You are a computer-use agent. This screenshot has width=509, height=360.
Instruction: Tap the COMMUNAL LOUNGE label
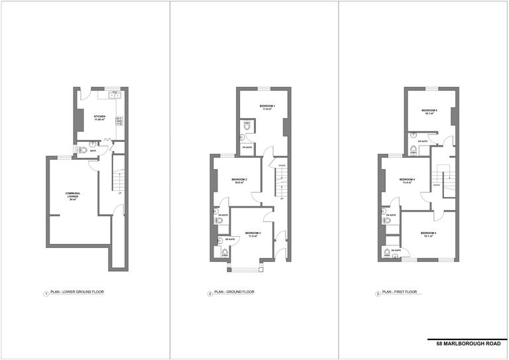[73, 196]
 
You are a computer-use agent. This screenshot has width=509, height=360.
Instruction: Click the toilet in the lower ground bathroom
[82, 150]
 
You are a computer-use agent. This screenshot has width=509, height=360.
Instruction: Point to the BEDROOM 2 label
[240, 181]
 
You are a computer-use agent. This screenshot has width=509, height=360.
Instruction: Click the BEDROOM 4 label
[408, 181]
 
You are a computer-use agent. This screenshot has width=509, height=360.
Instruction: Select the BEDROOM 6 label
[429, 111]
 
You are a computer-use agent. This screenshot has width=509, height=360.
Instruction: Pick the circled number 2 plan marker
[210, 292]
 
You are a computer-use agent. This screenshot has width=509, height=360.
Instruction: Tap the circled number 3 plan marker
[378, 292]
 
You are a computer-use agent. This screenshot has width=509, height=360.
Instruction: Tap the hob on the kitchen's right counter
[120, 121]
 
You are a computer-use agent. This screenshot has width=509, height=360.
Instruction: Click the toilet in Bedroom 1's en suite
[247, 129]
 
